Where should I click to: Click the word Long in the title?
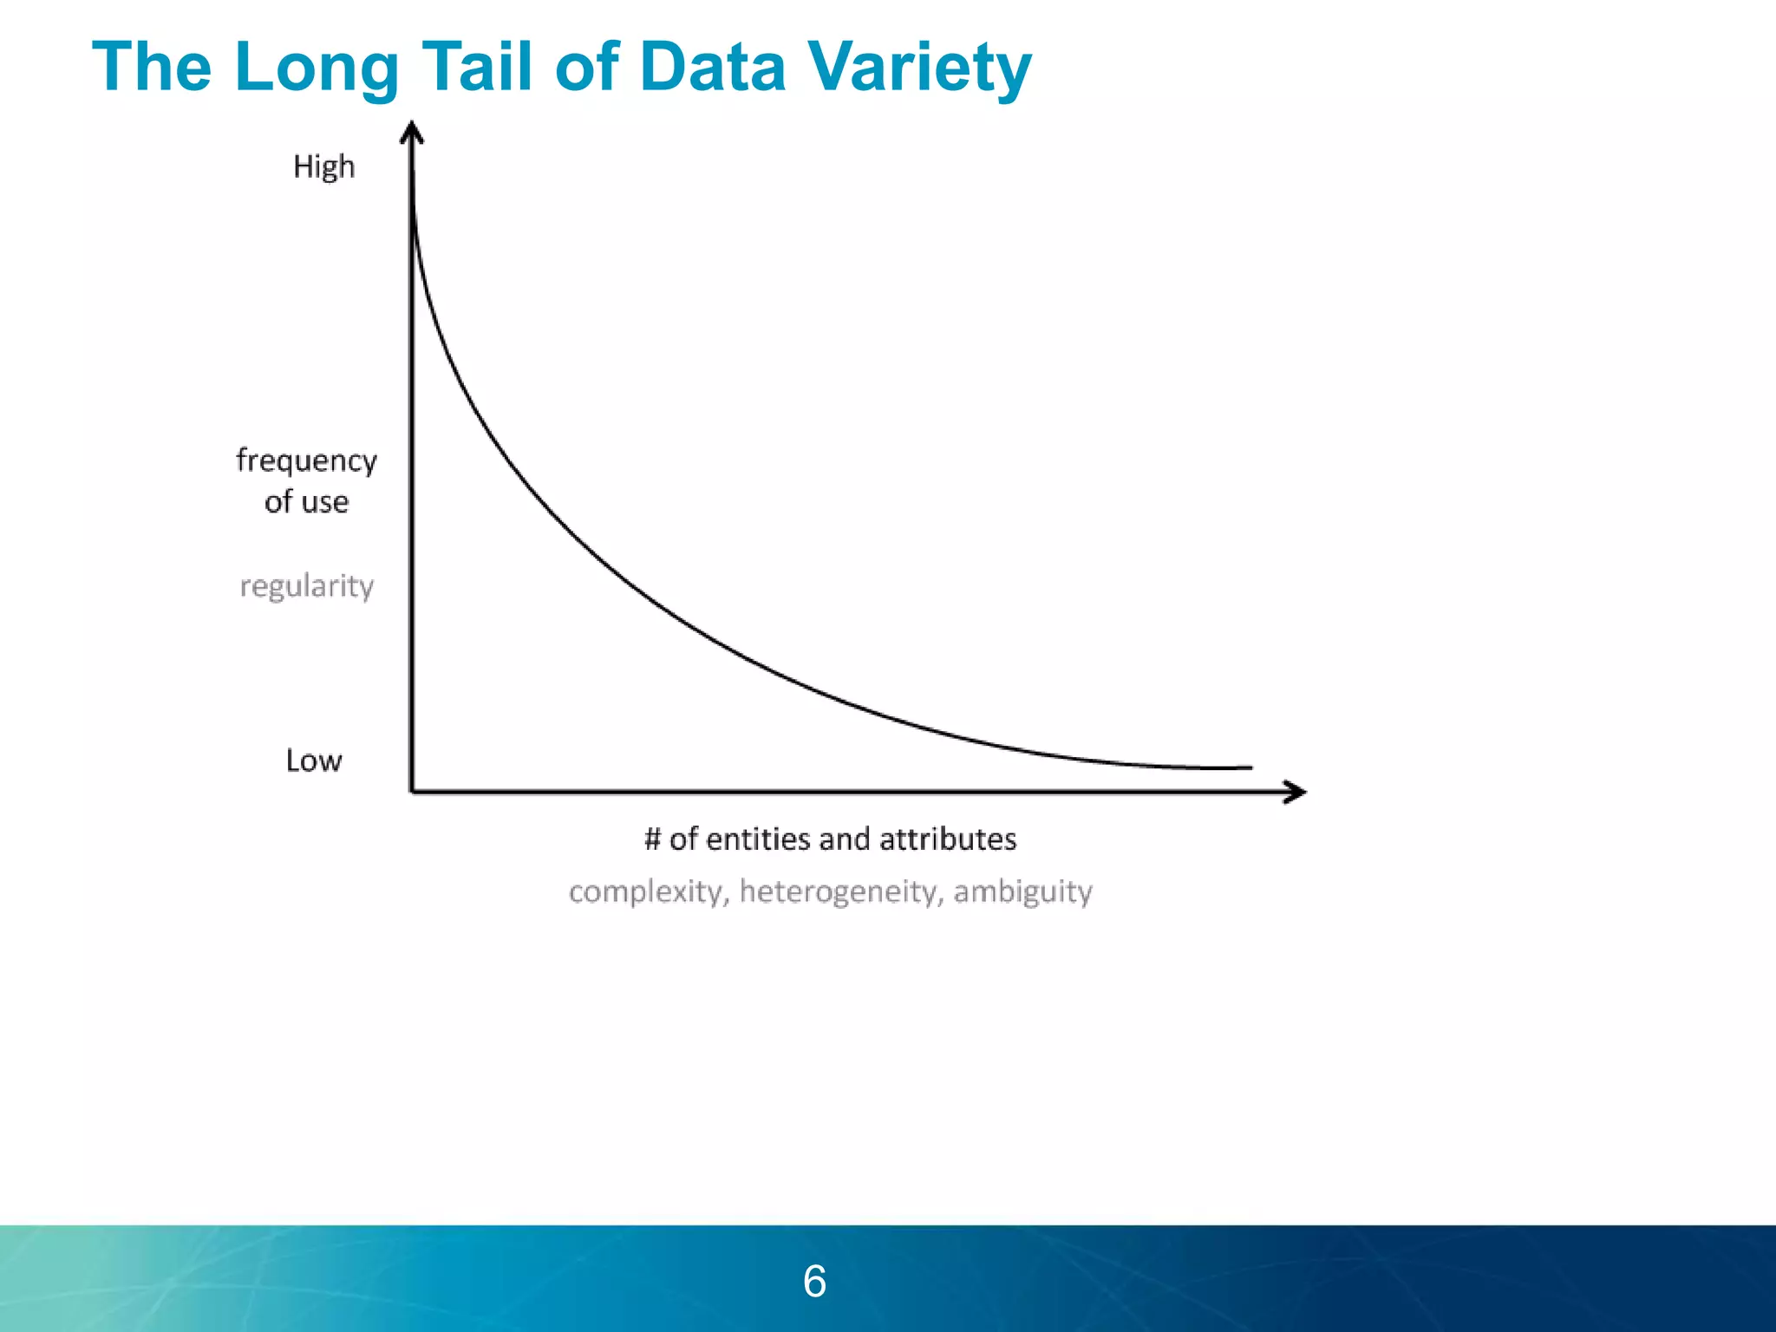(x=317, y=68)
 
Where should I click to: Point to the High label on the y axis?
(x=323, y=166)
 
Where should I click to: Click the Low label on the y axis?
(x=314, y=761)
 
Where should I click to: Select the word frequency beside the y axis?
(x=306, y=460)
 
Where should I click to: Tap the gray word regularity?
(x=307, y=586)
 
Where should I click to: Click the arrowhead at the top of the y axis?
(x=412, y=132)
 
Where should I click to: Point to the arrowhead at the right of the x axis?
(x=1297, y=792)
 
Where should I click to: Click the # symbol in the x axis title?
(x=653, y=839)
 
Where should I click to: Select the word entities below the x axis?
(x=757, y=839)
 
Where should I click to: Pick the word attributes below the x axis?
(x=948, y=839)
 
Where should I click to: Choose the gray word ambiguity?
(x=1023, y=891)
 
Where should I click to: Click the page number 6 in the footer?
(x=814, y=1281)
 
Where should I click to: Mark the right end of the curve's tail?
(x=1250, y=767)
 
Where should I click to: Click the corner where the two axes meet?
(x=412, y=791)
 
